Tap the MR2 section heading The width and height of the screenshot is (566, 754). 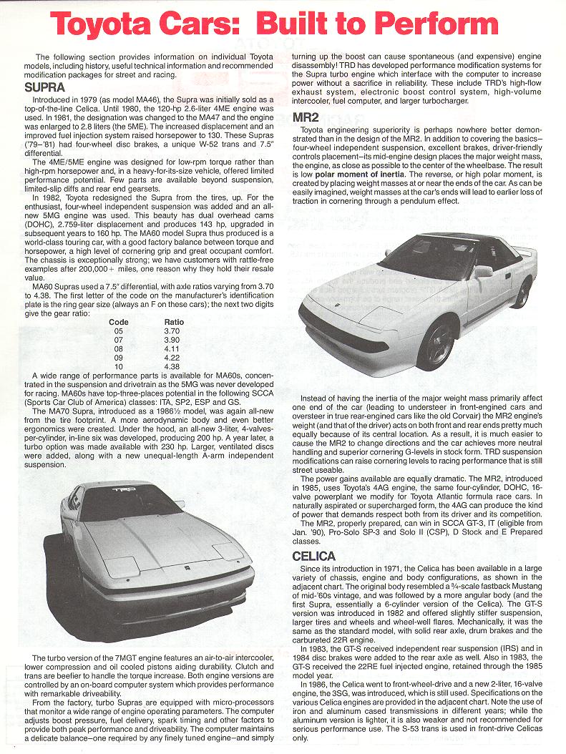306,116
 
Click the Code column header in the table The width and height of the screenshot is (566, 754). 119,322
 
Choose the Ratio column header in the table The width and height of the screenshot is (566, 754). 174,322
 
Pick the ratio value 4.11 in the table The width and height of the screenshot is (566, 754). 171,348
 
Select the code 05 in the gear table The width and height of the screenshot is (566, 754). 118,331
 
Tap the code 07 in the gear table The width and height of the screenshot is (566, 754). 118,340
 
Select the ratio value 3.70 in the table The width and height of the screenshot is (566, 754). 171,331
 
